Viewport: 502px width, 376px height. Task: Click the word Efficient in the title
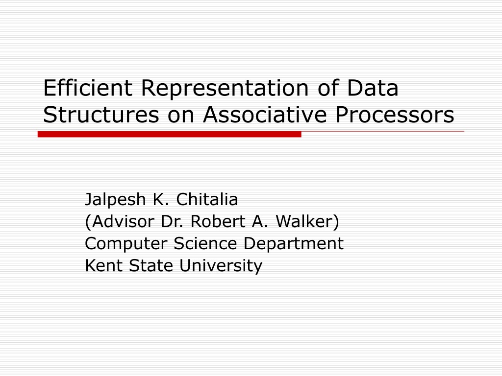coord(88,88)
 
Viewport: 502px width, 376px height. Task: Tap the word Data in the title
coord(373,88)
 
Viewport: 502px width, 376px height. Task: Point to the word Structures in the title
coord(101,115)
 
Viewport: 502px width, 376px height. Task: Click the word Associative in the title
coord(265,115)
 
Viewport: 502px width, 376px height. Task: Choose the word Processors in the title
coord(395,115)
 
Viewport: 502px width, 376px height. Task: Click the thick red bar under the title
coord(169,134)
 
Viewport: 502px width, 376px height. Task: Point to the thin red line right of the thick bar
coord(382,131)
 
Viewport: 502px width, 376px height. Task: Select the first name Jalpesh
coord(115,200)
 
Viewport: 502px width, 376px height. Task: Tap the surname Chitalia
coord(207,199)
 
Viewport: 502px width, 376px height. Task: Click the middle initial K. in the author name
coord(161,199)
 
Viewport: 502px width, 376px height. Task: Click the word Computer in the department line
coord(126,244)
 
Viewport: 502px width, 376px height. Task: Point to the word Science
coord(205,243)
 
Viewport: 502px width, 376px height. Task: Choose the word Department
coord(293,244)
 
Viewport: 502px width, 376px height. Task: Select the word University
coord(221,266)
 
